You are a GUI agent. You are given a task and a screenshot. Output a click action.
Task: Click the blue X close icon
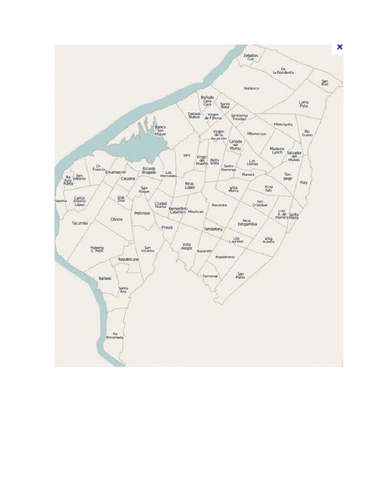pyautogui.click(x=339, y=47)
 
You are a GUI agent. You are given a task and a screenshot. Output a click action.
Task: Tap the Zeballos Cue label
pyautogui.click(x=251, y=57)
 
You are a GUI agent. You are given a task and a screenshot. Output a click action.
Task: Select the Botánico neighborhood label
pyautogui.click(x=252, y=89)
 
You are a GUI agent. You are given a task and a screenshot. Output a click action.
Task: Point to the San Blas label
pyautogui.click(x=325, y=83)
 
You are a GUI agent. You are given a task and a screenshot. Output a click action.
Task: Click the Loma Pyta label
pyautogui.click(x=304, y=104)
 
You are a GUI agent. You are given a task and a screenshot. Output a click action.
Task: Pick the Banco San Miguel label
pyautogui.click(x=160, y=130)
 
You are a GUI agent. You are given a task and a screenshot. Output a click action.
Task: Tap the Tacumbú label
pyautogui.click(x=79, y=223)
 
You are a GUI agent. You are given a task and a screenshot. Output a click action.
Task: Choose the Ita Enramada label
pyautogui.click(x=115, y=336)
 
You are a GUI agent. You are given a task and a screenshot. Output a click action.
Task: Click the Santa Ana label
pyautogui.click(x=123, y=290)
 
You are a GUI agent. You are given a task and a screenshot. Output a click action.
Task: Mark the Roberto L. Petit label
pyautogui.click(x=97, y=250)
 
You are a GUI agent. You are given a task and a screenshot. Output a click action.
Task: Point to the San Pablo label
pyautogui.click(x=240, y=275)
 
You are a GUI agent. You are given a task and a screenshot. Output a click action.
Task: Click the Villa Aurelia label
pyautogui.click(x=269, y=240)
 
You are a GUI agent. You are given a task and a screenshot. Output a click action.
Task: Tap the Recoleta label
pyautogui.click(x=219, y=205)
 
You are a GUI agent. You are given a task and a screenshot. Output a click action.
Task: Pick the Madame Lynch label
pyautogui.click(x=277, y=150)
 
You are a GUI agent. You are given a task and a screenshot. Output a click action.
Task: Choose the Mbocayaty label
pyautogui.click(x=283, y=124)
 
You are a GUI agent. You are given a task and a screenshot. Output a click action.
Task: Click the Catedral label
pyautogui.click(x=128, y=179)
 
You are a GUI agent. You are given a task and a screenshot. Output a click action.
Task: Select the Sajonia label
pyautogui.click(x=61, y=201)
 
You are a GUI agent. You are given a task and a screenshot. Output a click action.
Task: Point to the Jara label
pyautogui.click(x=187, y=155)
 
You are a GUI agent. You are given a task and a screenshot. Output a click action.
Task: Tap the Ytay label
pyautogui.click(x=304, y=182)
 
